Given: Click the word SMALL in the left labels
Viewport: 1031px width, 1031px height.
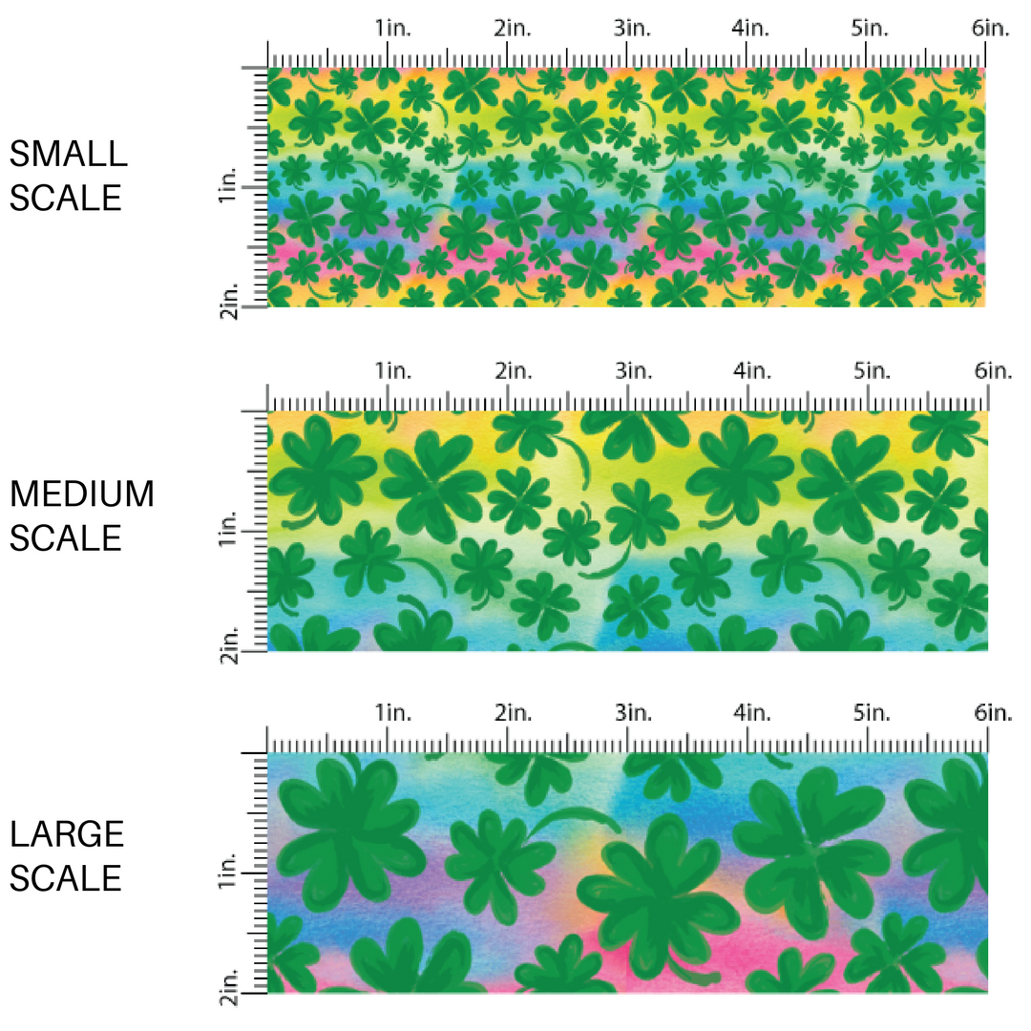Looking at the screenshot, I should point(67,154).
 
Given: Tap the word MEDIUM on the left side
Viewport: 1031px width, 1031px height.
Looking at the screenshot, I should point(82,494).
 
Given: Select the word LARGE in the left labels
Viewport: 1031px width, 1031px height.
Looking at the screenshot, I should point(67,834).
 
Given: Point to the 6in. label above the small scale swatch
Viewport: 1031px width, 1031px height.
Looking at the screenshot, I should point(991,29).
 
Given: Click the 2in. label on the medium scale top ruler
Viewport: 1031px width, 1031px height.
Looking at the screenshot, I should point(512,370).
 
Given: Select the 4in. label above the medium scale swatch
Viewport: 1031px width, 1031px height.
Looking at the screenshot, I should point(751,370).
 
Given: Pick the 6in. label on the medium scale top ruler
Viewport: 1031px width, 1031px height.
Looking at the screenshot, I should point(991,370).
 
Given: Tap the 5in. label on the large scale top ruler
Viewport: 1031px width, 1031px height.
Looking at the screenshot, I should point(871,712).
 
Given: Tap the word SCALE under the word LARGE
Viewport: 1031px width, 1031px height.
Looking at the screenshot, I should point(67,878).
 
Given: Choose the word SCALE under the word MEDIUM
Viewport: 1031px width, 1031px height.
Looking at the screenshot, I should point(67,538).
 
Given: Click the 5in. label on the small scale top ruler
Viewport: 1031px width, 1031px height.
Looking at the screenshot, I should point(871,29).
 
